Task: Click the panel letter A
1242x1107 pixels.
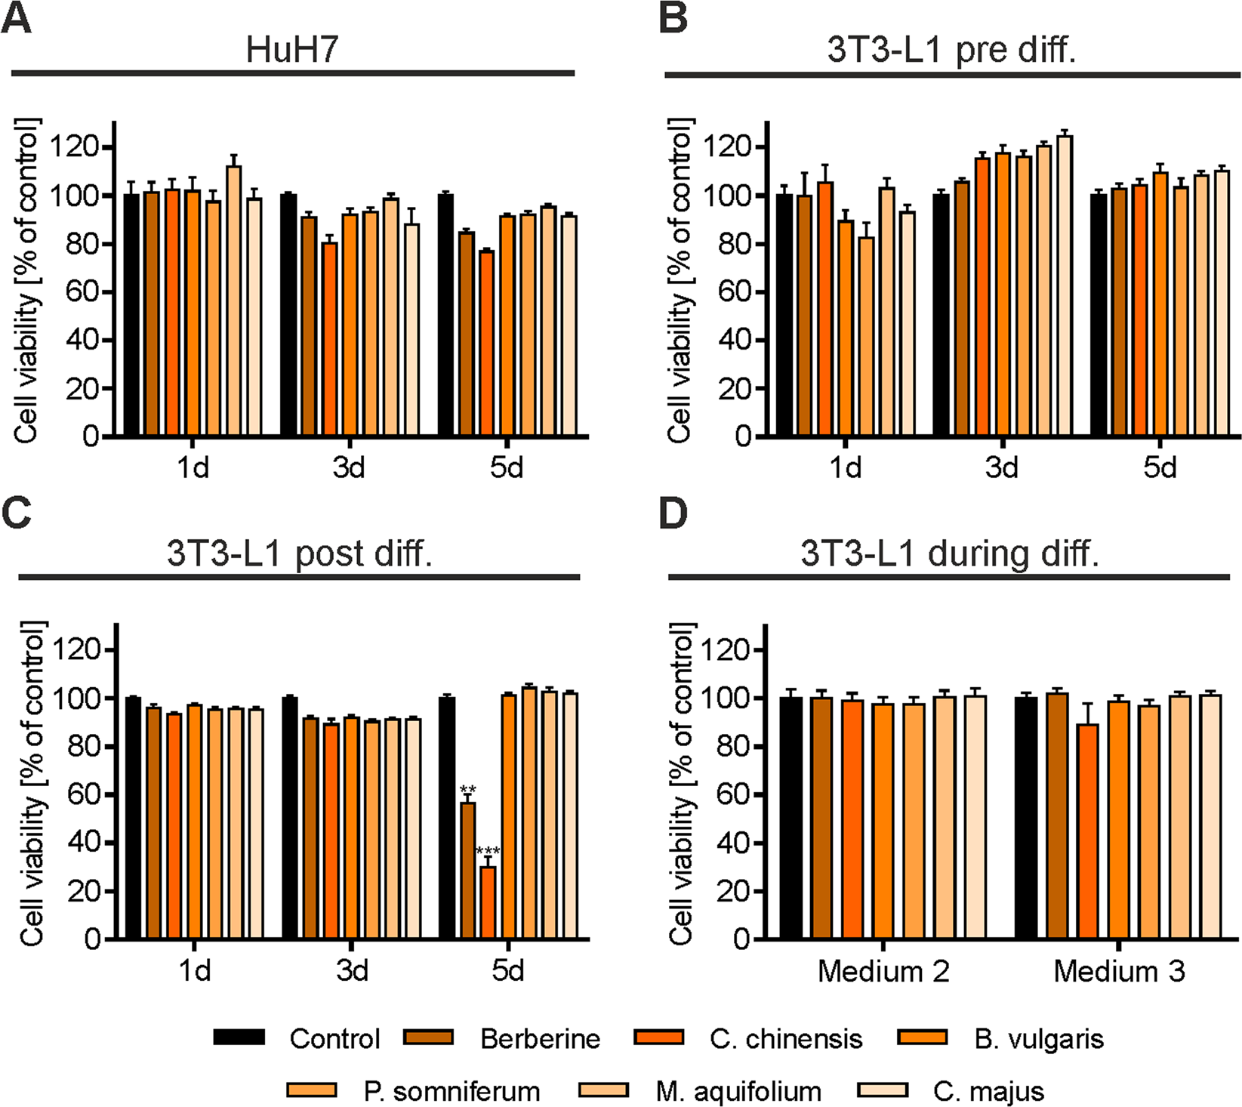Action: [x=17, y=18]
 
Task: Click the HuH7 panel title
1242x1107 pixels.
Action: [x=292, y=50]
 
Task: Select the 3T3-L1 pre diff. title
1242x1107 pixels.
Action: [x=951, y=50]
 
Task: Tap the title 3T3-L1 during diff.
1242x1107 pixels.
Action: [x=949, y=553]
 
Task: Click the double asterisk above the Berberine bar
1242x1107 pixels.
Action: [x=467, y=791]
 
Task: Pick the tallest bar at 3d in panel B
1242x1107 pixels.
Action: [x=1064, y=287]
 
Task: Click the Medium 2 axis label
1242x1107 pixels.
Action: [x=883, y=971]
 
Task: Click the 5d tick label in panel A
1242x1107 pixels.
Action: [x=506, y=468]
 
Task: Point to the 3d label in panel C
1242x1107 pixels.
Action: [x=352, y=970]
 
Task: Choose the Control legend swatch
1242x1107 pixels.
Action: [x=239, y=1037]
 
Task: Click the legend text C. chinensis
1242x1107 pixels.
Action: [x=785, y=1039]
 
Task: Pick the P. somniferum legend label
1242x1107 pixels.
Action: [x=451, y=1092]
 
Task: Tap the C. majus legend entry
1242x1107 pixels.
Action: [x=988, y=1092]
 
